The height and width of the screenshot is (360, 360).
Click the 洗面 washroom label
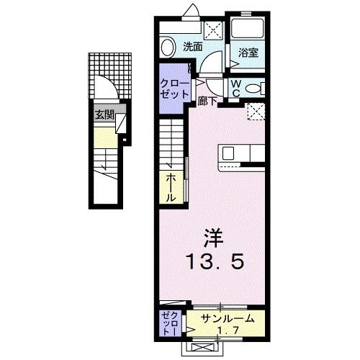[192, 47]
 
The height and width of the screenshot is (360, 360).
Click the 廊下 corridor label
[207, 102]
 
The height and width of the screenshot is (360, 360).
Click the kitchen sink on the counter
[228, 153]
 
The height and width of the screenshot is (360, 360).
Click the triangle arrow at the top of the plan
[194, 9]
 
